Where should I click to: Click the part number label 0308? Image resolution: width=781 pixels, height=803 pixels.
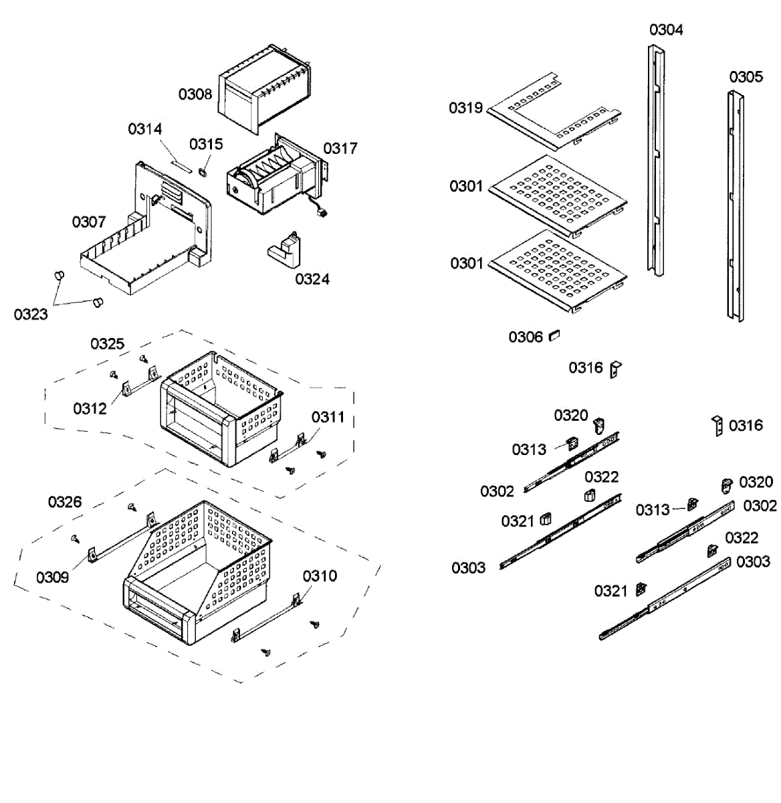click(195, 94)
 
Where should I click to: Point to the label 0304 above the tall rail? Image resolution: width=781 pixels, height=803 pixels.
click(666, 29)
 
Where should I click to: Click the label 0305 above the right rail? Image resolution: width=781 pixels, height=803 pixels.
click(746, 77)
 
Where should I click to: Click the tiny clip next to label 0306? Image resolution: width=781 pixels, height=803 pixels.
click(554, 335)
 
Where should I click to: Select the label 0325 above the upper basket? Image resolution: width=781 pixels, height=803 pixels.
click(108, 343)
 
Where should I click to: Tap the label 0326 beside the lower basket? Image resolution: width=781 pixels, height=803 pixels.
click(65, 502)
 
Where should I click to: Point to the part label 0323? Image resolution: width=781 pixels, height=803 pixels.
click(31, 314)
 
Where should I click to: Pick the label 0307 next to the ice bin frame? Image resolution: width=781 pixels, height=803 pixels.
click(89, 221)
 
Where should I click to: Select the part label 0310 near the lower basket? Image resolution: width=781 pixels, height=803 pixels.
click(319, 576)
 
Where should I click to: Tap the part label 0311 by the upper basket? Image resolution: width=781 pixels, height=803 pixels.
click(328, 418)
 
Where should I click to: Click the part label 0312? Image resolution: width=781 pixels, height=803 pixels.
click(90, 408)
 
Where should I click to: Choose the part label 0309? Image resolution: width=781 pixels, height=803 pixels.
click(53, 577)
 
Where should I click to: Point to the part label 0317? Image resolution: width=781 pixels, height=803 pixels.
click(340, 148)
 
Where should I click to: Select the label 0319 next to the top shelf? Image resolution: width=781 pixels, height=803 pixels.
click(465, 108)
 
